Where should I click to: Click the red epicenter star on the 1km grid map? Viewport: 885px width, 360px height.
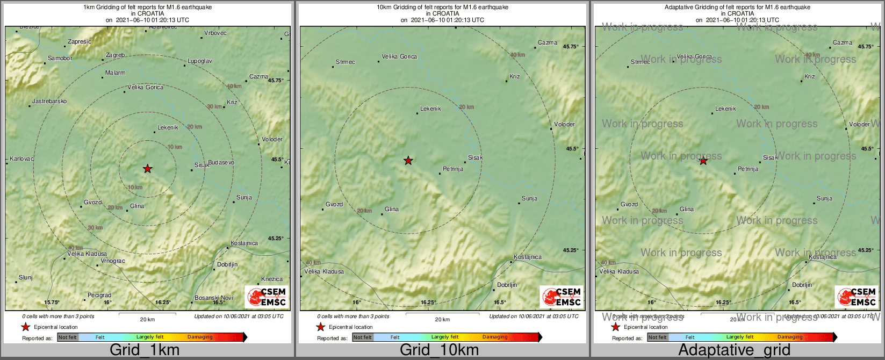point(148,169)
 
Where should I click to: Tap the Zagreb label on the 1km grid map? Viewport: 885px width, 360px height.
point(116,55)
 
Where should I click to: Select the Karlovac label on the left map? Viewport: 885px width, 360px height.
point(22,159)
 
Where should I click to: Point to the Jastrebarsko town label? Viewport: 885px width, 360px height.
point(50,101)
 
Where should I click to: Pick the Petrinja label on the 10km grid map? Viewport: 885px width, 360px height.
point(453,169)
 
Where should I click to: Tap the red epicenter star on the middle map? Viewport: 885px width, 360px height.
point(408,160)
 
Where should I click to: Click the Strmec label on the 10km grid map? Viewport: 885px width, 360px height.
point(346,62)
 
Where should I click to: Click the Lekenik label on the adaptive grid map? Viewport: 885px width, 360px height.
point(725,109)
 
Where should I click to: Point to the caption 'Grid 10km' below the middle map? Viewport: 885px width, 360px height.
point(439,350)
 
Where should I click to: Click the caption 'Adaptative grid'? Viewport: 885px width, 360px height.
point(734,350)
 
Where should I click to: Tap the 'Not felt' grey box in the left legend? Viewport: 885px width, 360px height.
point(68,337)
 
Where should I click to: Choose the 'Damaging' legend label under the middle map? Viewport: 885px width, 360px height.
point(495,337)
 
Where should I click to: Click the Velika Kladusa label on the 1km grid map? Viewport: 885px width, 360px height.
point(87,254)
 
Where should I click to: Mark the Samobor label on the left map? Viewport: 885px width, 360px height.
point(60,58)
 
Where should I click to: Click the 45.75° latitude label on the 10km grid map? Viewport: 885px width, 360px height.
point(571,47)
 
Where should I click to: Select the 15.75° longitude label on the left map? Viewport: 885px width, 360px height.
point(52,303)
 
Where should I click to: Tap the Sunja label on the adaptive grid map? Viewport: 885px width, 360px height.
point(824,199)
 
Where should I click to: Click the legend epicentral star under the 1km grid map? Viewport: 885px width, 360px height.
point(25,327)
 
